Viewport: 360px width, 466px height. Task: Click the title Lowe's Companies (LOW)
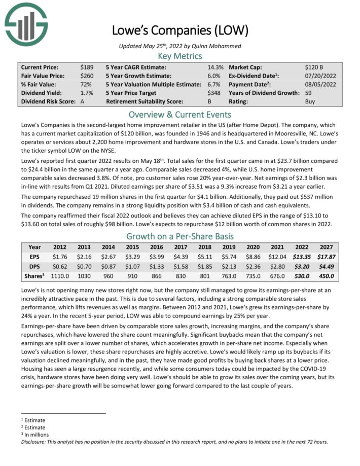(x=180, y=31)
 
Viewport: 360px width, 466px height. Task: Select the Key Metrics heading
(x=180, y=56)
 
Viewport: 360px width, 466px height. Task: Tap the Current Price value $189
(x=87, y=67)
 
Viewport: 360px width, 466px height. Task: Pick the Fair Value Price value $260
(x=87, y=76)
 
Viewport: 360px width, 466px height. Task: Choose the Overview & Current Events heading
(x=180, y=114)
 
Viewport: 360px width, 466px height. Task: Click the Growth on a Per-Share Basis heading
(x=180, y=236)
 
